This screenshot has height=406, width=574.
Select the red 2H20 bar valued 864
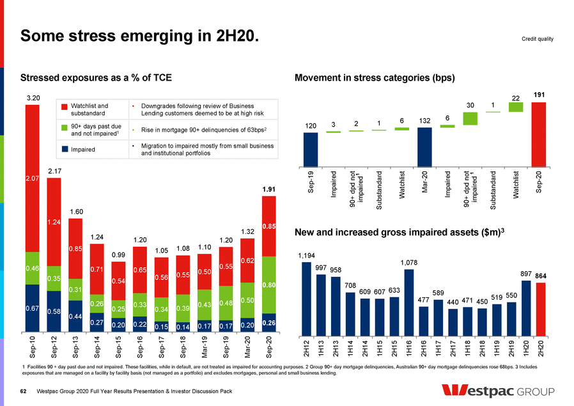pyautogui.click(x=540, y=309)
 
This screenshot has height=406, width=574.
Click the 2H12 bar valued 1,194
pyautogui.click(x=307, y=299)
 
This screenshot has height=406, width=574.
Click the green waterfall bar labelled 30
pyautogui.click(x=470, y=118)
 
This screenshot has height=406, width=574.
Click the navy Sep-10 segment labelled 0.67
pyautogui.click(x=33, y=308)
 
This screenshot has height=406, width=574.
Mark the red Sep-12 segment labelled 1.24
pyautogui.click(x=55, y=222)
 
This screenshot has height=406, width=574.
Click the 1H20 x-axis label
pyautogui.click(x=526, y=346)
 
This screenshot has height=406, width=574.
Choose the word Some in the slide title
pyautogui.click(x=45, y=38)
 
